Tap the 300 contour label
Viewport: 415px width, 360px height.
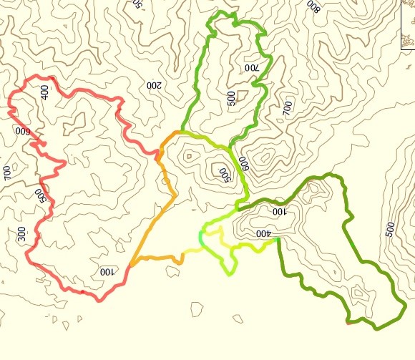(21, 233)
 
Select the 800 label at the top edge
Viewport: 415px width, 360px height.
(313, 6)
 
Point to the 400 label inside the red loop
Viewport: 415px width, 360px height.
(44, 92)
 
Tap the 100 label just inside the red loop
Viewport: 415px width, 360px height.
(107, 272)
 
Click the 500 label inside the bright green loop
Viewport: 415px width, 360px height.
(231, 98)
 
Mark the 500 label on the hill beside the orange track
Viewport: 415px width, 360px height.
(223, 173)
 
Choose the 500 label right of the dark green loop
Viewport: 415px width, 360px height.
(390, 229)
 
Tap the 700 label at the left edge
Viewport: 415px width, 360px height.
(7, 172)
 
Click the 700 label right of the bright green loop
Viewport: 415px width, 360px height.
(288, 108)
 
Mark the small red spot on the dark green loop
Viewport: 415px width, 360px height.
(348, 323)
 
